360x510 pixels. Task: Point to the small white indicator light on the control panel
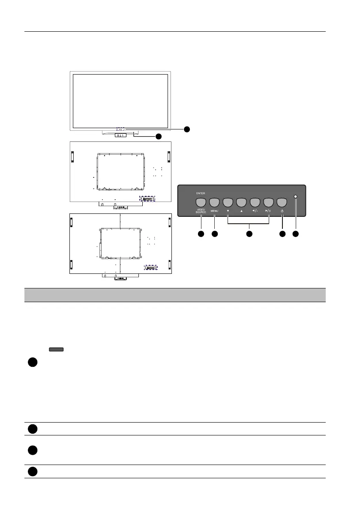pyautogui.click(x=296, y=197)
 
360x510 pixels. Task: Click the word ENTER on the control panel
pyautogui.click(x=201, y=193)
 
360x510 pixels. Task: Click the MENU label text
pyautogui.click(x=215, y=211)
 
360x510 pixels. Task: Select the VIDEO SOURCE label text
pyautogui.click(x=201, y=211)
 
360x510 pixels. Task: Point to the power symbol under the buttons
pyautogui.click(x=282, y=211)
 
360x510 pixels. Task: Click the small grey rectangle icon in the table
pyautogui.click(x=57, y=350)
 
